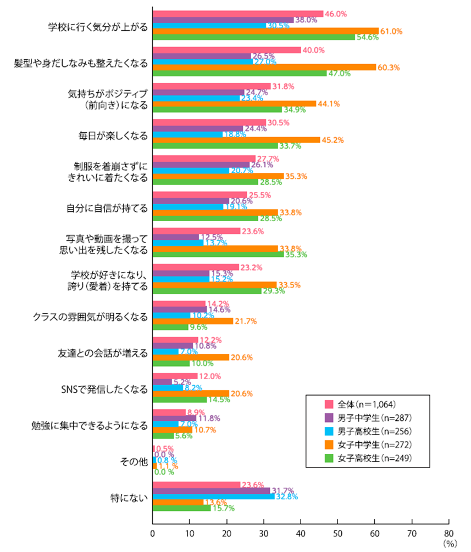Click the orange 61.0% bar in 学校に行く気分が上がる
coord(265,31)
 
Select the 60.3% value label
coord(388,67)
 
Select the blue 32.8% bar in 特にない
coord(213,496)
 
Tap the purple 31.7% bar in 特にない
coord(211,490)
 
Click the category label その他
coord(135,462)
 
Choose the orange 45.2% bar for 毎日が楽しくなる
coord(236,140)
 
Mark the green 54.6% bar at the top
coord(253,37)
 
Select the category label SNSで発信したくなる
coord(104,390)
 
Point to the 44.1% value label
coord(328,104)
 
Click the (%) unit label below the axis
coord(450,543)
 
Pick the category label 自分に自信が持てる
coord(104,208)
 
